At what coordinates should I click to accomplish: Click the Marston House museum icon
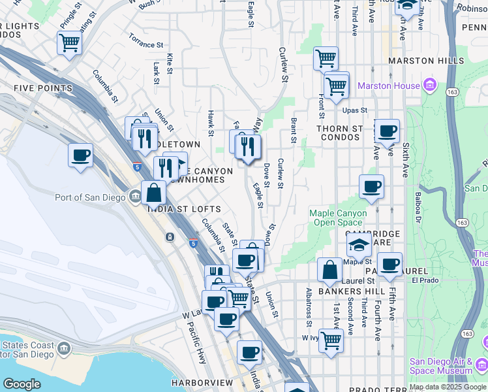tap(429, 86)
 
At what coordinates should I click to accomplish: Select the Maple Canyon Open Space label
tap(338, 218)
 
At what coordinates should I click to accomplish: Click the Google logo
tap(22, 384)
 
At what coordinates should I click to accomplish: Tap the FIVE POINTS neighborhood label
tap(42, 88)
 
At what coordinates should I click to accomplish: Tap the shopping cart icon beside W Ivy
tap(331, 340)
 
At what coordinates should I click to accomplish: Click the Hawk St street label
tap(211, 123)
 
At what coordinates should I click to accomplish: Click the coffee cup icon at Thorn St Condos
tap(387, 131)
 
